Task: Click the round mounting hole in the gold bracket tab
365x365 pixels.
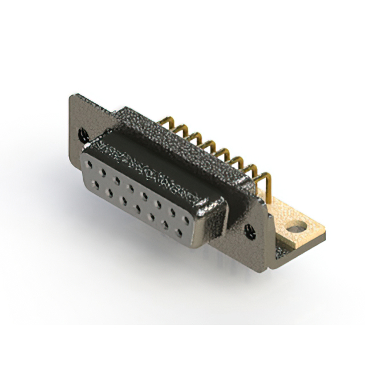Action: tap(295, 229)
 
